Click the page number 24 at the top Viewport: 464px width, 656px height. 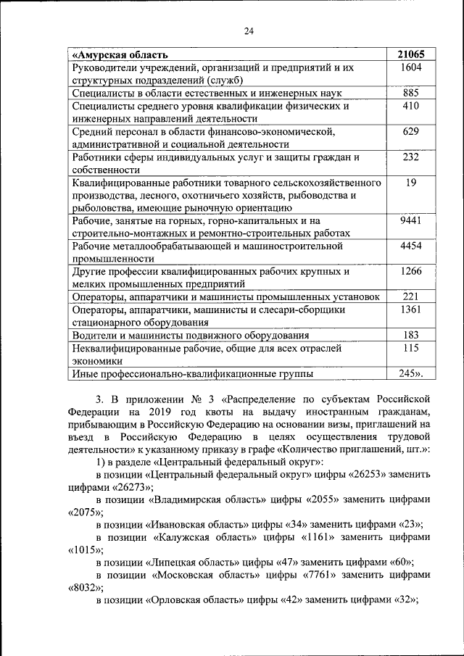coord(249,30)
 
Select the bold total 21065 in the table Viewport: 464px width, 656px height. coord(411,54)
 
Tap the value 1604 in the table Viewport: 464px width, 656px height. coord(411,67)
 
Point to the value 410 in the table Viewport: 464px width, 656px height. coord(411,106)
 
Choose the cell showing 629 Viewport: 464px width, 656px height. coord(411,131)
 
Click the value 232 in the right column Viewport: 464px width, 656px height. coord(411,157)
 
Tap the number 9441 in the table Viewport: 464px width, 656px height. coord(411,220)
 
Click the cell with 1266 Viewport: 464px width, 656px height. coord(411,272)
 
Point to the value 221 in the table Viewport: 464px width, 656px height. coord(411,296)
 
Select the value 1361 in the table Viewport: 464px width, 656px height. coord(411,310)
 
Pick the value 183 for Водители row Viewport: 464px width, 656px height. coord(411,335)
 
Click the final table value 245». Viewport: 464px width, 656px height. coord(411,373)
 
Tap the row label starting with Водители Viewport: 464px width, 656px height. coord(191,335)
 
